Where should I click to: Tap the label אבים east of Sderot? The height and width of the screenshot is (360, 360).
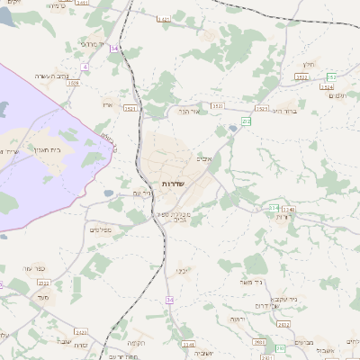(205, 158)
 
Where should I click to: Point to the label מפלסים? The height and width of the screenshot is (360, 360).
(100, 229)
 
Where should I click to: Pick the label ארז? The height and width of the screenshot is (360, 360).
(108, 105)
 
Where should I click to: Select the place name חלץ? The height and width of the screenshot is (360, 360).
(309, 64)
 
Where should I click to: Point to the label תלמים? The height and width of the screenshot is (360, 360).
(337, 96)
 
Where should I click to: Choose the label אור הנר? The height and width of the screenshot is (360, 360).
(188, 112)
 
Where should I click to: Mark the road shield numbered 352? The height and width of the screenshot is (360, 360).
(332, 77)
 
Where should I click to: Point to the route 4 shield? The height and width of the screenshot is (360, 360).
(85, 67)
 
